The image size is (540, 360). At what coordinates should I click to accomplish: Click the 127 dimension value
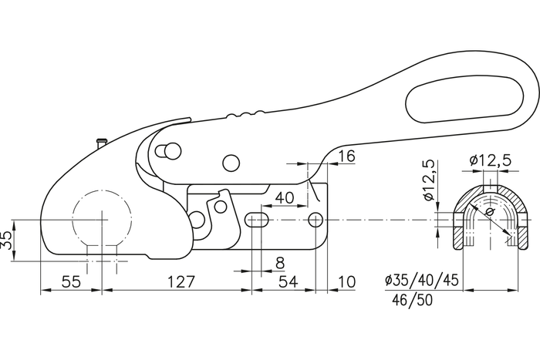tap(180, 282)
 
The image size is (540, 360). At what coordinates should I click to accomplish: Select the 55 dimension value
tap(70, 282)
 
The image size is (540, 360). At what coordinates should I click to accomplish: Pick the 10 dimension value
tap(346, 282)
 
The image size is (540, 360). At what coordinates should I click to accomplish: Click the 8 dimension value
tap(279, 263)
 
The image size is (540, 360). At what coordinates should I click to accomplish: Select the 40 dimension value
tap(285, 198)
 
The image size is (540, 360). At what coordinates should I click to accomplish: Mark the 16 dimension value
tap(346, 156)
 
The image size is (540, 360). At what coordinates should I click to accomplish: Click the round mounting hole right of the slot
tap(315, 220)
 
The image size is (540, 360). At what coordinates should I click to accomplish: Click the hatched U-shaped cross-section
tap(461, 231)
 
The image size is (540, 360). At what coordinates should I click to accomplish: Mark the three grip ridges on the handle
tap(246, 116)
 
